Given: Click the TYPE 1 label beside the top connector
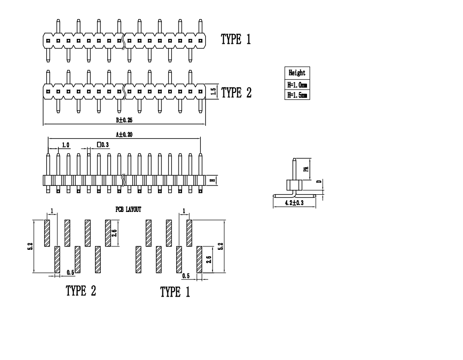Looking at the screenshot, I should point(236,40).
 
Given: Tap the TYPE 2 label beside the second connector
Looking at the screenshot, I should point(236,92).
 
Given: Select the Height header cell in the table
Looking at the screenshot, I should point(297,73).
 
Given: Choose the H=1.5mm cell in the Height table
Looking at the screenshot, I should point(297,94).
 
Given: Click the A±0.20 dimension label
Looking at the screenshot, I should point(124,134).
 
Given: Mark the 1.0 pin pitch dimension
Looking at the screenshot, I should point(65,145).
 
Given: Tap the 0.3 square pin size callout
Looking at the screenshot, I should point(103,145).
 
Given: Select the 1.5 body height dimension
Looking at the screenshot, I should point(213,92).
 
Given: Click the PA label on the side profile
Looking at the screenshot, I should point(306,169).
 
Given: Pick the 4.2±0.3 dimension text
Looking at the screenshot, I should point(294,203).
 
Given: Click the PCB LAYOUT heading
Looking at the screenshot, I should point(128,210).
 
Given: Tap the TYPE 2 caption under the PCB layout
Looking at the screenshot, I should point(81,291).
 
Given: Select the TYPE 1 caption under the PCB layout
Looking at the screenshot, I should point(175,292).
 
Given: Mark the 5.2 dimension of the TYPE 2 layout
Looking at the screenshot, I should point(30,246).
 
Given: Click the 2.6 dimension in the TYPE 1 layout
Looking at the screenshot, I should point(209,259).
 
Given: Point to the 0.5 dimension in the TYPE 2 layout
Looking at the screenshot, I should point(70,272).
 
